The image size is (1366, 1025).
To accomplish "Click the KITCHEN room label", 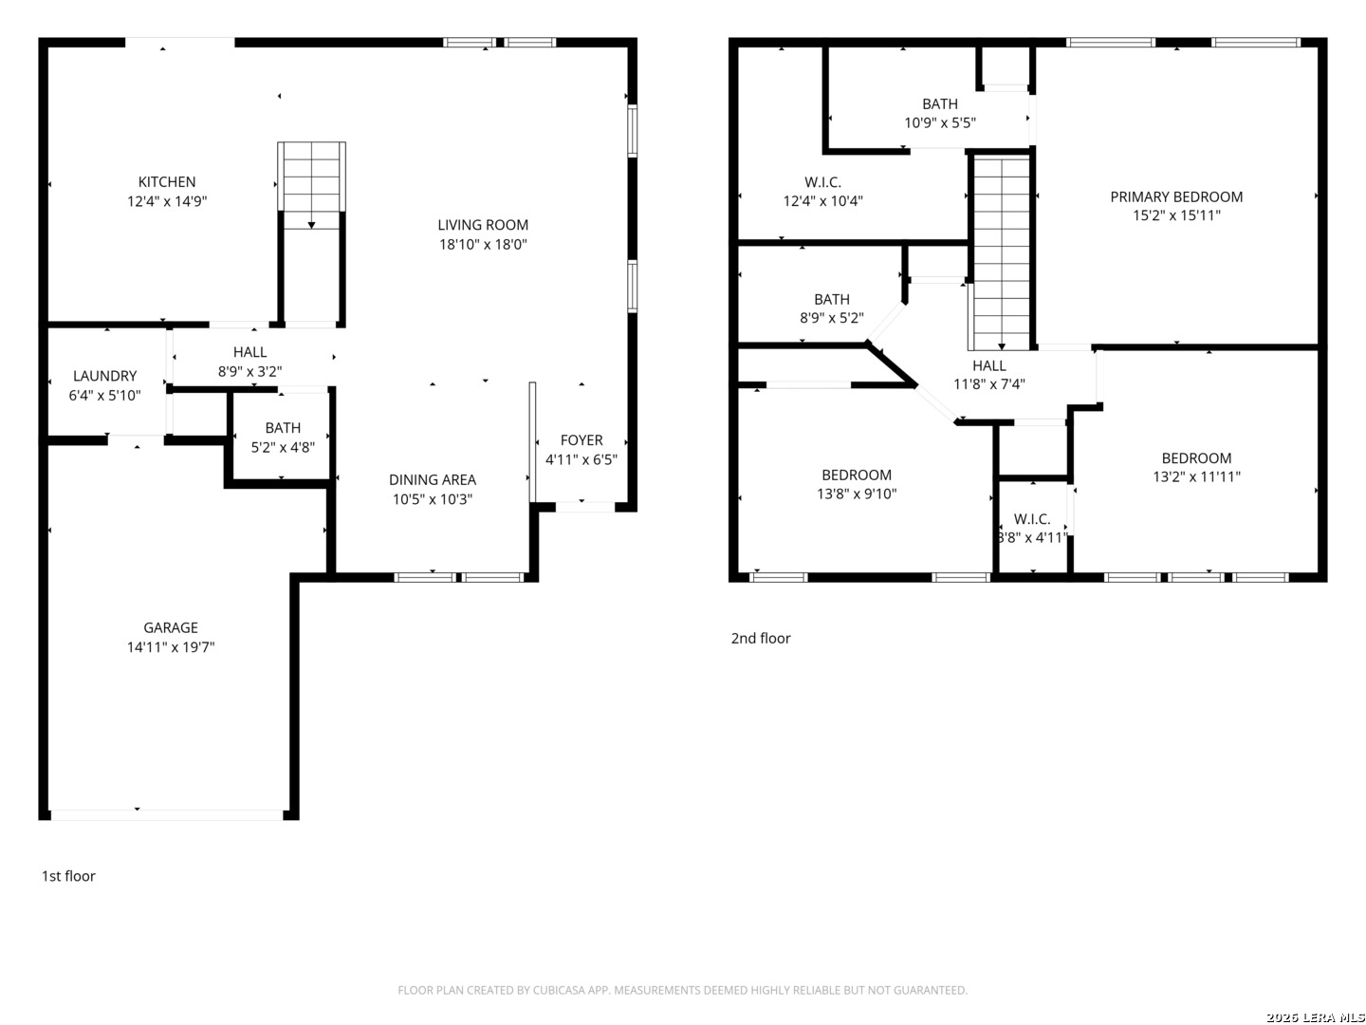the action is pyautogui.click(x=166, y=181).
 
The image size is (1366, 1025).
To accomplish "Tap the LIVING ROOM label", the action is pyautogui.click(x=482, y=225).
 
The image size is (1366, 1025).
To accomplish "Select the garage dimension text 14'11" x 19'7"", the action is pyautogui.click(x=171, y=646).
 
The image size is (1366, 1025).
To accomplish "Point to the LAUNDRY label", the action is pyautogui.click(x=104, y=376).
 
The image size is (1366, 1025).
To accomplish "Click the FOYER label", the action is pyautogui.click(x=581, y=440).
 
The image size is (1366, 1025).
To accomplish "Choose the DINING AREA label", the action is pyautogui.click(x=432, y=480).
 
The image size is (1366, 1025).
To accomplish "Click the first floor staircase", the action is pyautogui.click(x=311, y=186).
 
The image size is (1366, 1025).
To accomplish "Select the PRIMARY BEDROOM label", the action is pyautogui.click(x=1176, y=196).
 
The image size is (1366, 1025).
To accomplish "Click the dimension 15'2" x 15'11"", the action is pyautogui.click(x=1176, y=215).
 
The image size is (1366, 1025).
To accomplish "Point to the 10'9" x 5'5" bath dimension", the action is pyautogui.click(x=940, y=122).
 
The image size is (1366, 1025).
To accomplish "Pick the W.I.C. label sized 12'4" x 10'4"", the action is pyautogui.click(x=822, y=182).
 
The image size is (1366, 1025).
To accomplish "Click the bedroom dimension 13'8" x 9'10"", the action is pyautogui.click(x=857, y=494).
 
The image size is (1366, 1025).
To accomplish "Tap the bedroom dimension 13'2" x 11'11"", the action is pyautogui.click(x=1196, y=476).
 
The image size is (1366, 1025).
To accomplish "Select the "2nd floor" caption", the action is pyautogui.click(x=761, y=638).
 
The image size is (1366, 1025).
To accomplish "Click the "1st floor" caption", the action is pyautogui.click(x=68, y=876).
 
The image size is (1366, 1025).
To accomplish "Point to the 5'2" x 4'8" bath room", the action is pyautogui.click(x=282, y=437).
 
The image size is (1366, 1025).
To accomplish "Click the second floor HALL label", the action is pyautogui.click(x=988, y=365).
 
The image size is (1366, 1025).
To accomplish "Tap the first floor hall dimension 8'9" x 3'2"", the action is pyautogui.click(x=249, y=371).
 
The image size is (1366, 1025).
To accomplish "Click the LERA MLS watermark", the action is pyautogui.click(x=1315, y=1016).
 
